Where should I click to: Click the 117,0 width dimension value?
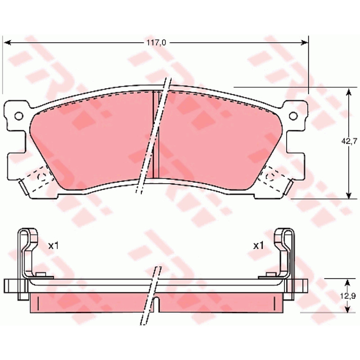click(x=156, y=43)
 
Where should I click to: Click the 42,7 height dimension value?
click(x=349, y=142)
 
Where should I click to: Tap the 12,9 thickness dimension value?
click(x=347, y=296)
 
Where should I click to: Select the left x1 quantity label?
click(x=54, y=246)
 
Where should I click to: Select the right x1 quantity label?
click(x=258, y=246)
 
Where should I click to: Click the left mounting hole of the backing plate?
click(x=19, y=116)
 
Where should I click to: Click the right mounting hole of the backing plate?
click(x=293, y=116)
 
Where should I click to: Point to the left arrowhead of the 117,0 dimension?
click(x=8, y=42)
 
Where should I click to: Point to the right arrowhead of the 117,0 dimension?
click(x=304, y=42)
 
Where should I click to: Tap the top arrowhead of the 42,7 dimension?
click(x=349, y=92)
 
